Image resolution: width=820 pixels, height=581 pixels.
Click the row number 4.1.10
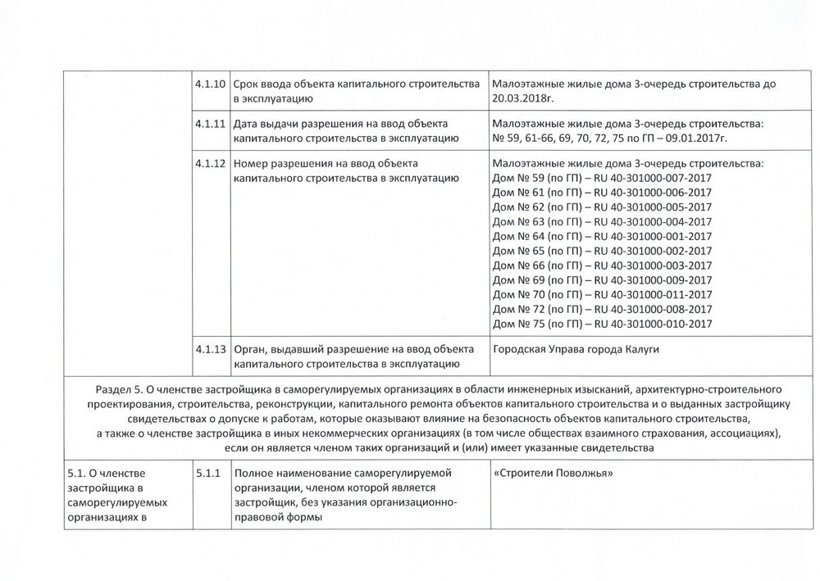click(x=210, y=84)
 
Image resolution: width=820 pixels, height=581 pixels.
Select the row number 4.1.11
click(x=210, y=124)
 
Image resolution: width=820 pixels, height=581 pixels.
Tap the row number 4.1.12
click(x=210, y=163)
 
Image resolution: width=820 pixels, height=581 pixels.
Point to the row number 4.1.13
click(x=210, y=350)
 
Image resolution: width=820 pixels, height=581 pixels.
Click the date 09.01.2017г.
click(x=698, y=138)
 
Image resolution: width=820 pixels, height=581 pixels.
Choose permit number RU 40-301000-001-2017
click(x=652, y=236)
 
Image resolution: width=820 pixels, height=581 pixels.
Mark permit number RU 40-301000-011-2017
click(x=652, y=294)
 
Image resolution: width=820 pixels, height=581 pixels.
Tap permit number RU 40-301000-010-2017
click(x=652, y=324)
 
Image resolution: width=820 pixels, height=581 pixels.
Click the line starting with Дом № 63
click(x=602, y=221)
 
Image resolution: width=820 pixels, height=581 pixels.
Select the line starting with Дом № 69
click(x=602, y=279)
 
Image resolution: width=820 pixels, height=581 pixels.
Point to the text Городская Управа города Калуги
click(x=575, y=350)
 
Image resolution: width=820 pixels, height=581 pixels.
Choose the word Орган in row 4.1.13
click(x=250, y=350)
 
